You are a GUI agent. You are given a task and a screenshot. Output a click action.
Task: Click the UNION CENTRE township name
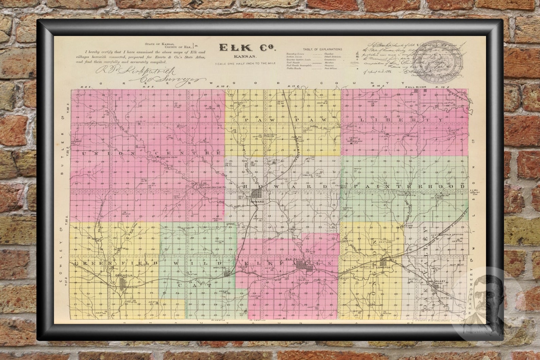151,154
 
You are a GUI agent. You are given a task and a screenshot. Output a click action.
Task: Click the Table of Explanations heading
322,49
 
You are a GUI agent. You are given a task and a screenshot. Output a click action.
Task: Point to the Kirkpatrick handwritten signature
136,71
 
